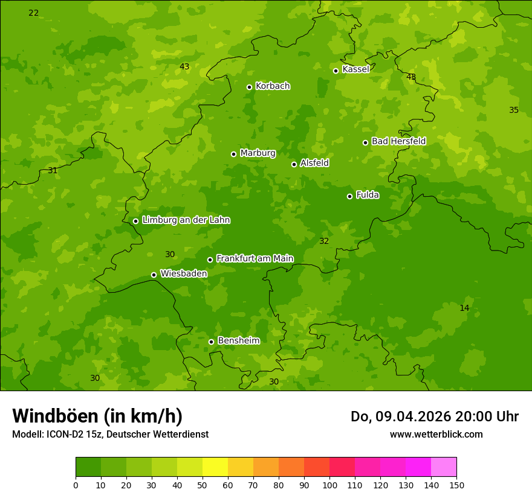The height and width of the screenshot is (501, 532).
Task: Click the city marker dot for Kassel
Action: click(x=336, y=71)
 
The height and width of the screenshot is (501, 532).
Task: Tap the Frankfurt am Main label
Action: click(x=255, y=258)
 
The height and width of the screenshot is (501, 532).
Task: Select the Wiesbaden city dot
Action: click(x=154, y=275)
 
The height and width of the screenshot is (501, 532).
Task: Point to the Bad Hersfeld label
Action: click(x=398, y=141)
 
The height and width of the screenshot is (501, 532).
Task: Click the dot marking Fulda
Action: click(x=349, y=196)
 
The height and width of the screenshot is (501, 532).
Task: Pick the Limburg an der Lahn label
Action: click(x=186, y=220)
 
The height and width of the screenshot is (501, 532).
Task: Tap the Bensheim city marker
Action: click(x=211, y=342)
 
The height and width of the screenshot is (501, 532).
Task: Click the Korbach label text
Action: click(x=273, y=86)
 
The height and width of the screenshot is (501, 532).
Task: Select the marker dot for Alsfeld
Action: click(x=294, y=164)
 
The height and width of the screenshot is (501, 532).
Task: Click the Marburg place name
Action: click(x=258, y=153)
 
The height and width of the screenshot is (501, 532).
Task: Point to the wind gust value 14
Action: click(x=464, y=308)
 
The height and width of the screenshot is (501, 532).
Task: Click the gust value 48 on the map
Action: click(x=411, y=77)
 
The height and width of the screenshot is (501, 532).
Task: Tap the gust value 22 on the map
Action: click(x=34, y=13)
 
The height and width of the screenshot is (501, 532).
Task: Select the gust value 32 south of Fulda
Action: click(x=324, y=241)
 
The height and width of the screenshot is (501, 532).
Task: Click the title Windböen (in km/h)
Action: click(x=97, y=416)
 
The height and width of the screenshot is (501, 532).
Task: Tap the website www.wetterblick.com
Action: click(x=436, y=434)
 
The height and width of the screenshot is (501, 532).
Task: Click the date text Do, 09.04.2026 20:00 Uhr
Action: click(x=434, y=416)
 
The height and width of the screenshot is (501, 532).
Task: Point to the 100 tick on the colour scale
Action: click(x=329, y=485)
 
